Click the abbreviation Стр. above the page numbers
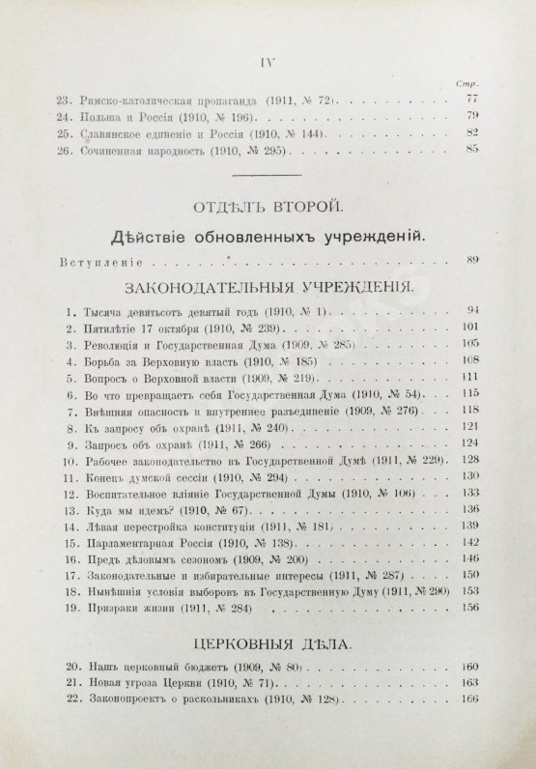(x=472, y=84)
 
